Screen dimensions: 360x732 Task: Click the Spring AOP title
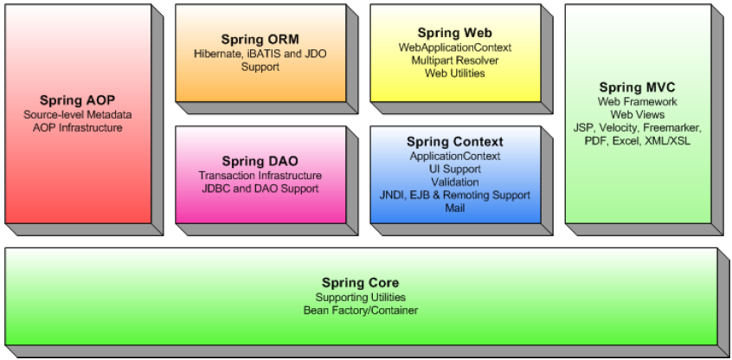click(x=77, y=100)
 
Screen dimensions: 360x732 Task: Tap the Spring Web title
click(x=455, y=33)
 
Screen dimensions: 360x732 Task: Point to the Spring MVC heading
click(x=637, y=87)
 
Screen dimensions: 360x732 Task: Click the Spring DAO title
click(x=260, y=161)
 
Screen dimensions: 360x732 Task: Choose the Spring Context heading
click(x=455, y=142)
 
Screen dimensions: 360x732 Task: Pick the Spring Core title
click(x=360, y=283)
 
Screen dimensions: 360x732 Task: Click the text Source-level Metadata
click(x=77, y=114)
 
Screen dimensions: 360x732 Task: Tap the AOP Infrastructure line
click(x=77, y=127)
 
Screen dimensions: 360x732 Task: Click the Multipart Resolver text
click(x=455, y=60)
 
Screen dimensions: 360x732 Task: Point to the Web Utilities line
click(x=455, y=73)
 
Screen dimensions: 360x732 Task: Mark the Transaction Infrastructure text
click(x=260, y=175)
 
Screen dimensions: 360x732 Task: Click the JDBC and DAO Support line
click(x=260, y=188)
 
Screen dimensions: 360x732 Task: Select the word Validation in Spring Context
click(x=455, y=182)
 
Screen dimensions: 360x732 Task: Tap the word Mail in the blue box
click(x=455, y=209)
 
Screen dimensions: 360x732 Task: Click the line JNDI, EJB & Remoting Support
click(x=455, y=195)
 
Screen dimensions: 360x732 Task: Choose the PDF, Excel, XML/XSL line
click(x=637, y=140)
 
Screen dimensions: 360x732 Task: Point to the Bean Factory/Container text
click(x=360, y=310)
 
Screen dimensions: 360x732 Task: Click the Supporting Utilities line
click(x=360, y=297)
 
